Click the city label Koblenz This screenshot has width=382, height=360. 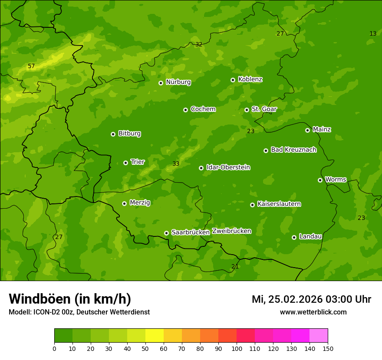tap(250, 79)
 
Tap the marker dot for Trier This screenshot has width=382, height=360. tap(125, 163)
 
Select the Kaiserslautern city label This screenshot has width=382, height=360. tap(279, 204)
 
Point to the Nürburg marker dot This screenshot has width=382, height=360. tap(161, 83)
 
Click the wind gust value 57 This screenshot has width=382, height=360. tap(31, 66)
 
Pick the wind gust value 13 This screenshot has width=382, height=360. tap(373, 33)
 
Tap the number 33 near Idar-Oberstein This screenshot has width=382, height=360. tap(176, 164)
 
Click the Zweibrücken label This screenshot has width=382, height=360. tap(231, 231)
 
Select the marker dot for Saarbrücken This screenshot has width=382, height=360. tap(166, 233)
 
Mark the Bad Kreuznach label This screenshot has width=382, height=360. tap(293, 150)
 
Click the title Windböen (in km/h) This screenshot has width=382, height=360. tap(70, 299)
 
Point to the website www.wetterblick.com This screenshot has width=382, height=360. tap(313, 312)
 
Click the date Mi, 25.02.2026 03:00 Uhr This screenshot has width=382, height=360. tap(311, 299)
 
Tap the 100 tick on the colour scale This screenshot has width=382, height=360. tap(237, 348)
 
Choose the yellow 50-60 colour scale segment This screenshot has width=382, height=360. tap(155, 336)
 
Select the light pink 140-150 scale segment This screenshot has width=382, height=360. tap(319, 336)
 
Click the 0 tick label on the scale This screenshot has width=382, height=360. tap(54, 348)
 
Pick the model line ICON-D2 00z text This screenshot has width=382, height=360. tap(79, 312)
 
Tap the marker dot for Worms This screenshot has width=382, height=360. tap(320, 180)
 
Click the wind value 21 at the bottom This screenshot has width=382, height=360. tap(235, 266)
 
